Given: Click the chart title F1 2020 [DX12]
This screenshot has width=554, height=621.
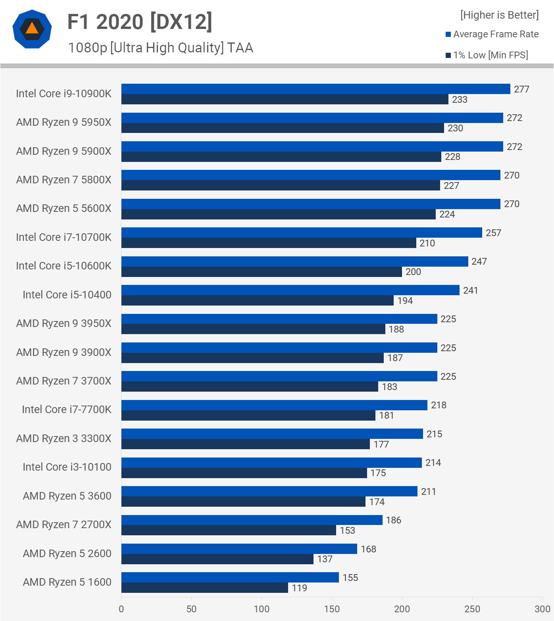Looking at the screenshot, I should pyautogui.click(x=140, y=22).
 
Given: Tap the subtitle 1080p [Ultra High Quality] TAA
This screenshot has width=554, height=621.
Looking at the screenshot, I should pyautogui.click(x=160, y=48).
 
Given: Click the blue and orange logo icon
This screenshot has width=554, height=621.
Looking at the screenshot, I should pyautogui.click(x=32, y=29).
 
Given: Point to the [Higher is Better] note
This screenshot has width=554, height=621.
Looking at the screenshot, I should pyautogui.click(x=499, y=15).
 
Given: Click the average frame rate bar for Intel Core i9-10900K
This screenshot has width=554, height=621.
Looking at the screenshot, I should pyautogui.click(x=315, y=89).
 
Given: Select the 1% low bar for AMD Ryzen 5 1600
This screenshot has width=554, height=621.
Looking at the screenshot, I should pyautogui.click(x=204, y=588).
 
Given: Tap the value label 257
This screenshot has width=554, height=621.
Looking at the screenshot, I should pyautogui.click(x=493, y=233).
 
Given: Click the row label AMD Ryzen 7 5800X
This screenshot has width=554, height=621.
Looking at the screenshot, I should pyautogui.click(x=63, y=180).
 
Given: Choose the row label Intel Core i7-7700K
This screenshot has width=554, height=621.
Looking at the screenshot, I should pyautogui.click(x=66, y=410).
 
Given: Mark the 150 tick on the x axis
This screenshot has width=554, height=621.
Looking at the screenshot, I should pyautogui.click(x=332, y=609).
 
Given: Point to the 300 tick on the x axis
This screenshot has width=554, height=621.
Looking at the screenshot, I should pyautogui.click(x=542, y=609).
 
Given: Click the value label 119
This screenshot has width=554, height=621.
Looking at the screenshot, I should pyautogui.click(x=299, y=588).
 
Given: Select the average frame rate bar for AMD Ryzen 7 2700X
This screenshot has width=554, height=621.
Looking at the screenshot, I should pyautogui.click(x=252, y=520).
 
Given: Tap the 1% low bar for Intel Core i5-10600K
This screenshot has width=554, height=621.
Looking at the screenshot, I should pyautogui.click(x=262, y=272).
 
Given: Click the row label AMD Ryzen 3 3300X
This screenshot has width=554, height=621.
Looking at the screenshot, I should pyautogui.click(x=63, y=438).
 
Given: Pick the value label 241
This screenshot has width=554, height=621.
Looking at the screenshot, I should pyautogui.click(x=470, y=290).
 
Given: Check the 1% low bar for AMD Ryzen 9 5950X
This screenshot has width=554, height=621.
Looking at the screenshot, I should pyautogui.click(x=283, y=128).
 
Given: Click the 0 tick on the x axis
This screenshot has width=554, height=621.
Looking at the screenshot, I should pyautogui.click(x=121, y=609).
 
